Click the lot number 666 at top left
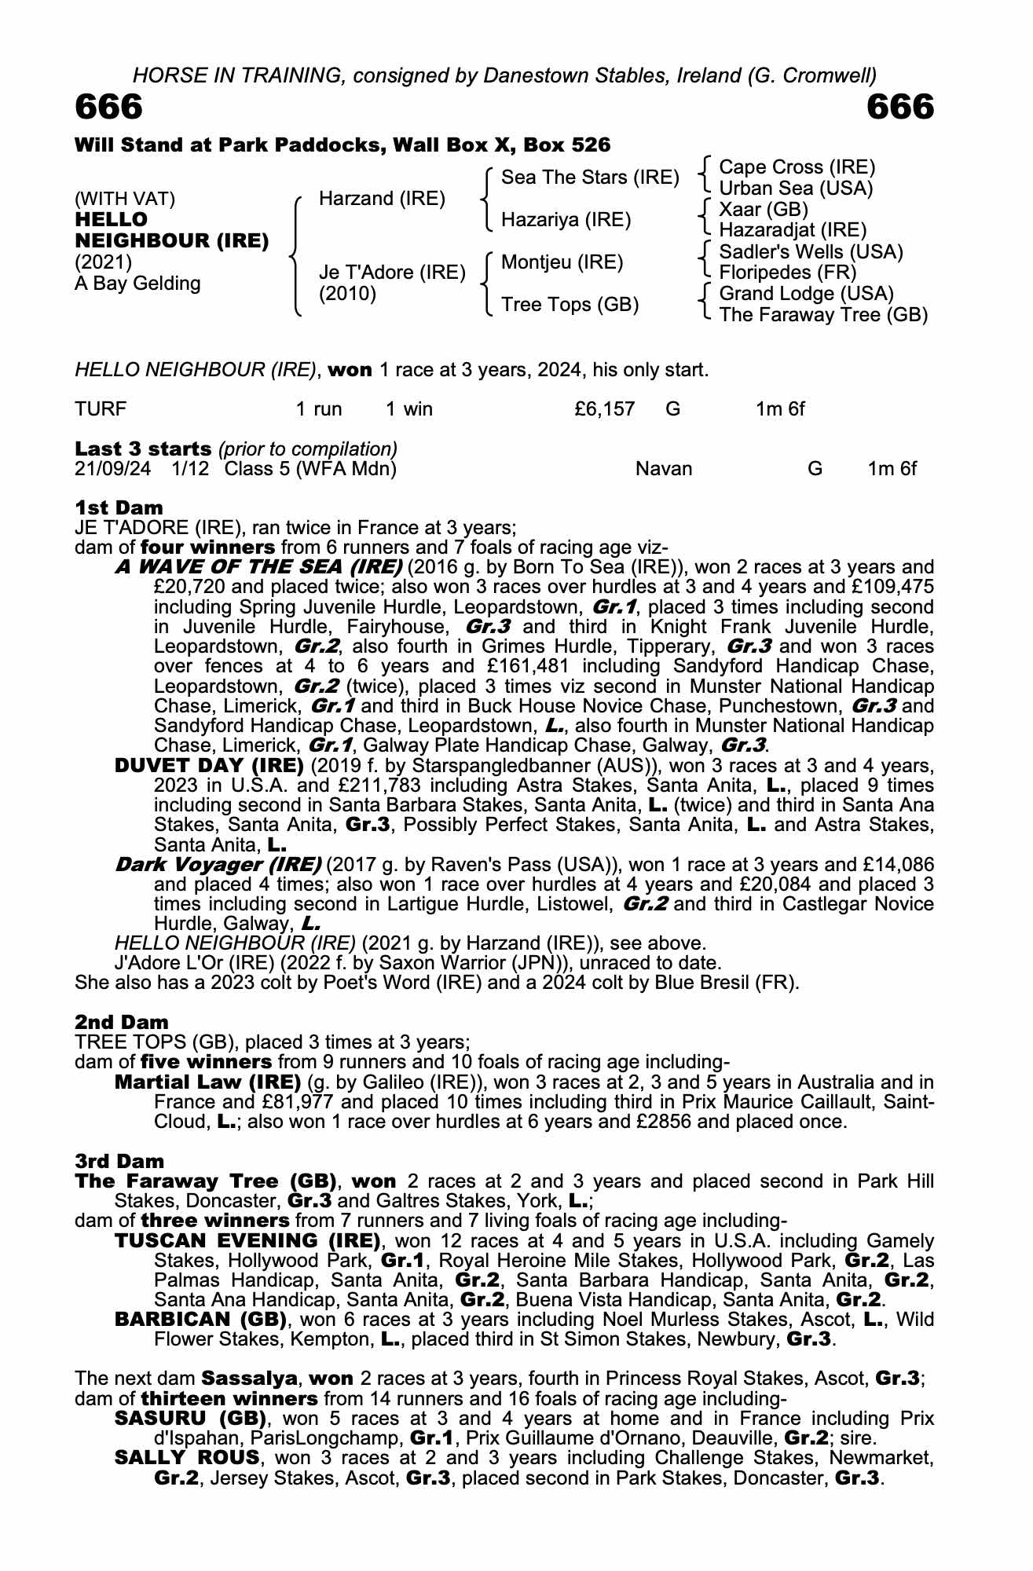[109, 108]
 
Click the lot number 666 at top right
[900, 108]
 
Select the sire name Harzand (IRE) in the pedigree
[382, 199]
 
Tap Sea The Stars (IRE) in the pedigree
[590, 178]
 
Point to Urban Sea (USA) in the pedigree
[796, 189]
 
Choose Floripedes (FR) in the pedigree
[787, 273]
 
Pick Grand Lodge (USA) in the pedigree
[806, 294]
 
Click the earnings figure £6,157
[604, 409]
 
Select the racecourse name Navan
[664, 470]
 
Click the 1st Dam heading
[119, 507]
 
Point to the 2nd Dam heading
[122, 1022]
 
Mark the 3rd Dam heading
[120, 1161]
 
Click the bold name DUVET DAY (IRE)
[209, 765]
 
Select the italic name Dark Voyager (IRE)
[218, 865]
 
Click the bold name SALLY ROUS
[187, 1458]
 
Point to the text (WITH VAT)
[125, 199]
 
